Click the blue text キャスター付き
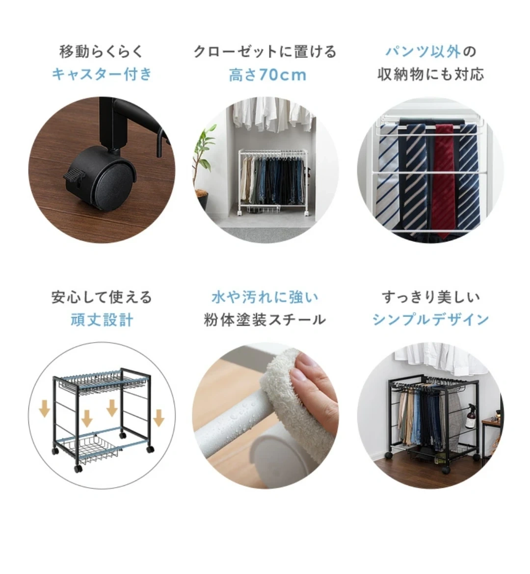point(102,75)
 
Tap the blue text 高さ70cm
point(267,75)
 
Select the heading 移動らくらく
point(101,51)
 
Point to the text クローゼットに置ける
point(265,51)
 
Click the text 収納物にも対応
point(431,75)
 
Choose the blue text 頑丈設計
point(102,320)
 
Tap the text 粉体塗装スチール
point(265,320)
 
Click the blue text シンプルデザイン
point(431,320)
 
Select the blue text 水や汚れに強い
point(265,297)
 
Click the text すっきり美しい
point(431,297)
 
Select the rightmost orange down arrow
point(159,418)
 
